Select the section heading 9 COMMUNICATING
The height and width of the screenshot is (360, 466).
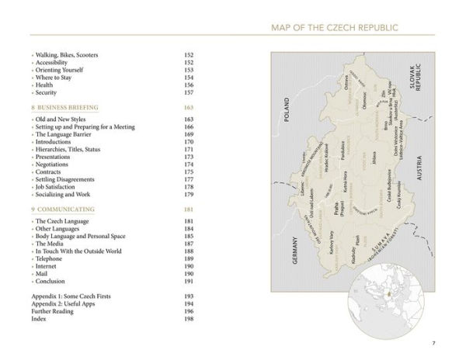pos(63,209)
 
